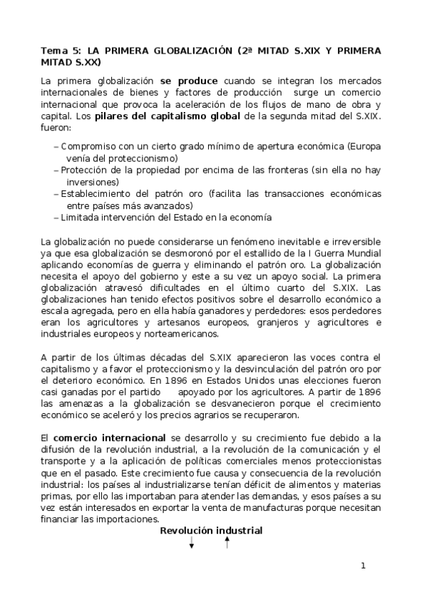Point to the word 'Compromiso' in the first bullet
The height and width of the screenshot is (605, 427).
[89, 147]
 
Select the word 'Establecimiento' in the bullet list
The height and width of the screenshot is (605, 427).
[96, 194]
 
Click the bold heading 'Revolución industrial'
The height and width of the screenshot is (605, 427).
[211, 531]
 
